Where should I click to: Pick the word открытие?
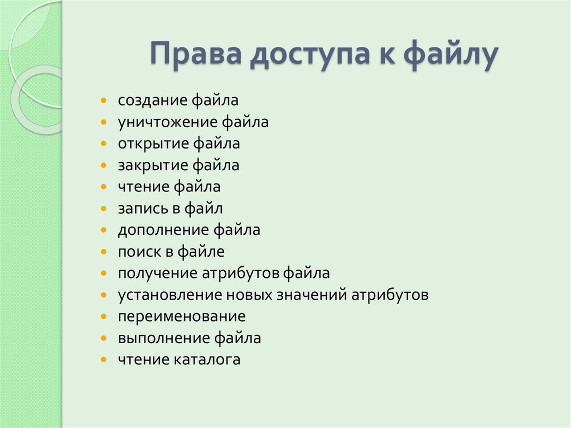(153, 144)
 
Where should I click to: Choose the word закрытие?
(153, 165)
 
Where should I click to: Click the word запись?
(139, 209)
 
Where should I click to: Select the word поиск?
(138, 252)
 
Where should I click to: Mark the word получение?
(158, 273)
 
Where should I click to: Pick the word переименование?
(181, 316)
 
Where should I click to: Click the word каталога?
(209, 360)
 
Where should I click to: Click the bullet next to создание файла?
(104, 101)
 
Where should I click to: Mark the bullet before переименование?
(104, 317)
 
